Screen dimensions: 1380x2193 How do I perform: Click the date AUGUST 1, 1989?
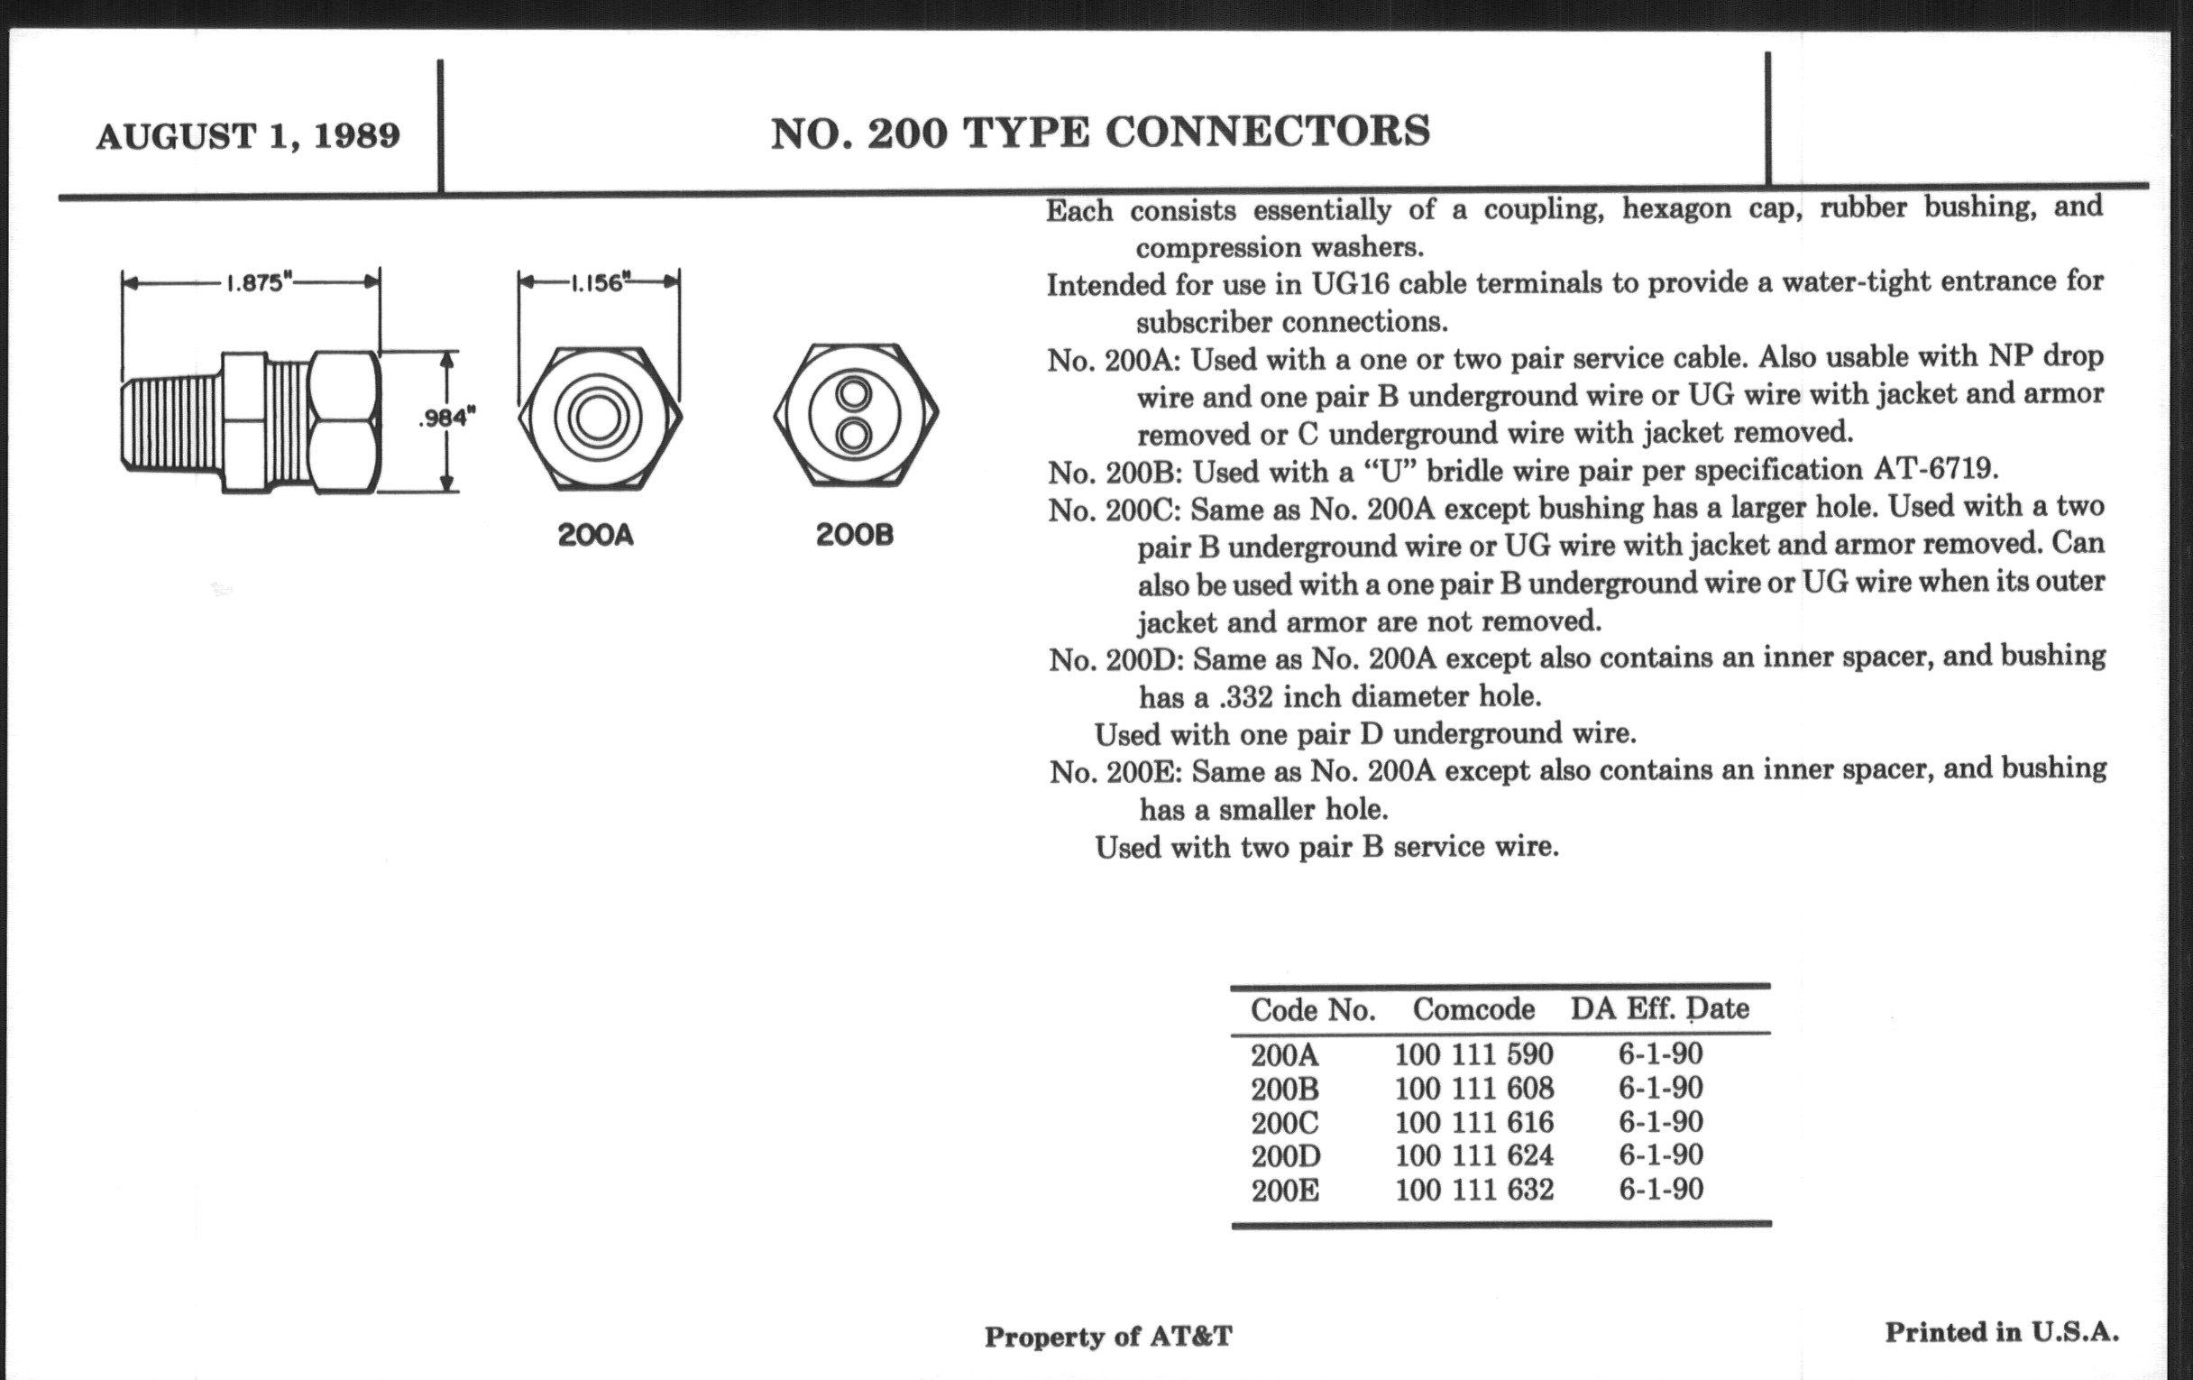pyautogui.click(x=248, y=136)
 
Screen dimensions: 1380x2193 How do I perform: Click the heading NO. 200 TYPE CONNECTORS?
pyautogui.click(x=1100, y=133)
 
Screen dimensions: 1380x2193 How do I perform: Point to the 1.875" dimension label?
pyautogui.click(x=254, y=282)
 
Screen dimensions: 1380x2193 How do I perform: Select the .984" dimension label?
pyautogui.click(x=447, y=419)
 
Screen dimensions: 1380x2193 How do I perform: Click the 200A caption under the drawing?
pyautogui.click(x=596, y=535)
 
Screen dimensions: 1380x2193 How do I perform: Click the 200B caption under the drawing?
pyautogui.click(x=854, y=535)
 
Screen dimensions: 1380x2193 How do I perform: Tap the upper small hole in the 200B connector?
pyautogui.click(x=854, y=394)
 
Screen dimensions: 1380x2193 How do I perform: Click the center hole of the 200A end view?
pyautogui.click(x=599, y=419)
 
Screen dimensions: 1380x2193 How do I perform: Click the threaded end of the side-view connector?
pyautogui.click(x=171, y=425)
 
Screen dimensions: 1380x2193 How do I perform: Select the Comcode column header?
pyautogui.click(x=1473, y=1009)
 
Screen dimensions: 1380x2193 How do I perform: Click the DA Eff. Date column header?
pyautogui.click(x=1659, y=1008)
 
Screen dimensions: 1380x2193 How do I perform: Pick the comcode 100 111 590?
pyautogui.click(x=1473, y=1054)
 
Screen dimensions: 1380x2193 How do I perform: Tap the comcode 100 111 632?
pyautogui.click(x=1473, y=1190)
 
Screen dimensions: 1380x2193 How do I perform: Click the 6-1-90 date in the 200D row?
pyautogui.click(x=1660, y=1155)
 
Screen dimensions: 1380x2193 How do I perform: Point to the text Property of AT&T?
pyautogui.click(x=1107, y=1337)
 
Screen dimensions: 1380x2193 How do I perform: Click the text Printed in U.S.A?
pyautogui.click(x=2002, y=1332)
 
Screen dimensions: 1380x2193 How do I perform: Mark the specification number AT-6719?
pyautogui.click(x=1934, y=470)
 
